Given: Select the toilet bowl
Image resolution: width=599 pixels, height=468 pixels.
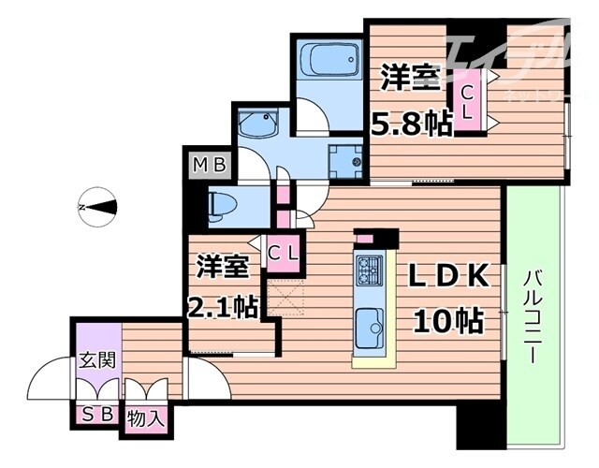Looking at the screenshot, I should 225,205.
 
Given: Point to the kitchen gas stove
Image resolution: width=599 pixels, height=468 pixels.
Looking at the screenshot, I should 368,271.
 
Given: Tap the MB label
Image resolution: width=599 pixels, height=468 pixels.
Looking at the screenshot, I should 210,167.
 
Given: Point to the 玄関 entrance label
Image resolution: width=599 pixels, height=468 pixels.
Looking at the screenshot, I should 97,360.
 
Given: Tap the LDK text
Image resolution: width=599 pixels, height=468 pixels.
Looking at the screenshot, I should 447,278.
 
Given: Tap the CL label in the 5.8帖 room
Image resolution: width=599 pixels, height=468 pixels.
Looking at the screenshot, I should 465,104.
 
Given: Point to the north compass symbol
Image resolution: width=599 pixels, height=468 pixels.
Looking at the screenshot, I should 97,207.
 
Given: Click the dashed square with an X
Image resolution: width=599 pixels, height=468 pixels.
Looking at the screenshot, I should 285,300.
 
